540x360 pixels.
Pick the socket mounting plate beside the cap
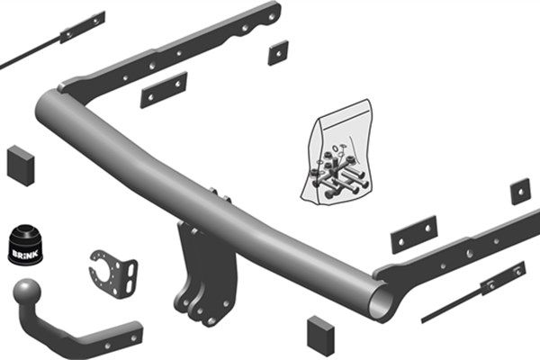click(113, 269)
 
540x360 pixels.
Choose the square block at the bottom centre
click(319, 334)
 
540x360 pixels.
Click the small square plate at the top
click(277, 52)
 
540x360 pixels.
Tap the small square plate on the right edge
click(520, 191)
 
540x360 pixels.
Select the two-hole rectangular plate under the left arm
click(163, 89)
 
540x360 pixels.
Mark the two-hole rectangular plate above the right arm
click(413, 234)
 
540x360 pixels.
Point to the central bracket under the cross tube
click(202, 270)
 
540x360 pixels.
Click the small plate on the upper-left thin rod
click(82, 27)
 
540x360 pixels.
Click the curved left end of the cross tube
click(54, 112)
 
